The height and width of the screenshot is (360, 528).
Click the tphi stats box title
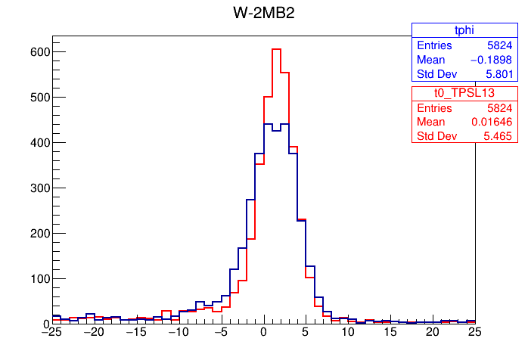click(443, 29)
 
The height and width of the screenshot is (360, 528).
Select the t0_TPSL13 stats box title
click(443, 92)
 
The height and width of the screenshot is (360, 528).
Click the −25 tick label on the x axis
click(51, 332)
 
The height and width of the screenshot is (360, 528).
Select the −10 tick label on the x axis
click(178, 332)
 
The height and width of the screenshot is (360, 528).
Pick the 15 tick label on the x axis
click(390, 332)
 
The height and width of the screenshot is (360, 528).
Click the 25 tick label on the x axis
click(474, 332)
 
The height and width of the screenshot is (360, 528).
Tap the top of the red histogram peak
click(276, 49)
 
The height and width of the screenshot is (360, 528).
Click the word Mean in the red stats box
click(431, 122)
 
